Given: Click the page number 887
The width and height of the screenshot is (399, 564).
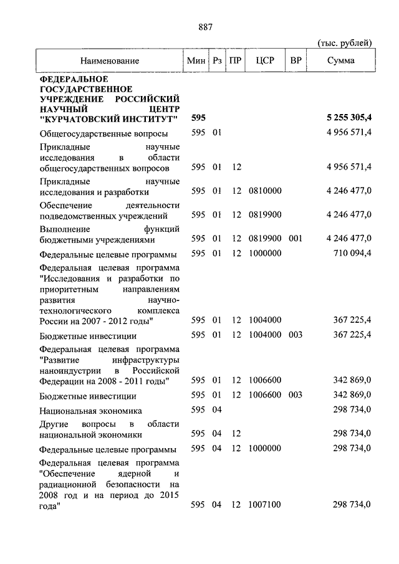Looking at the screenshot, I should [x=205, y=26].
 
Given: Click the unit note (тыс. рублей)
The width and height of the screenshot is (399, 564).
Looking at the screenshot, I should [x=345, y=43].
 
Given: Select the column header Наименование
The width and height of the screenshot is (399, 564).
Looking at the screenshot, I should [x=109, y=60].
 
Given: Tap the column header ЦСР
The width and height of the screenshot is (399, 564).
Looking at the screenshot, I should [x=265, y=60].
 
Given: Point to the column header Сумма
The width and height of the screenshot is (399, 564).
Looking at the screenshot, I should [x=341, y=60].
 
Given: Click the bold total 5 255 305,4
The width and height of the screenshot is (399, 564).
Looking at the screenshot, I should [x=349, y=118].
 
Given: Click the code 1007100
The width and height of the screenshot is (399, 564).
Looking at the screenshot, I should [x=265, y=504].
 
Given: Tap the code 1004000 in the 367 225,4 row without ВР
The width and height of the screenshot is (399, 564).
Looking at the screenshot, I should [x=265, y=320].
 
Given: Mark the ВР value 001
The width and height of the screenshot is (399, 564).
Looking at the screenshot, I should [x=296, y=239].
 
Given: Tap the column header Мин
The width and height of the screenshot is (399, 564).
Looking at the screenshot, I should [x=196, y=60].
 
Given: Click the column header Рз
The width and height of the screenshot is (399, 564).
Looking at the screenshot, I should [x=217, y=60].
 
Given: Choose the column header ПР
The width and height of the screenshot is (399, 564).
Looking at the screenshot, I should [x=236, y=60].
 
